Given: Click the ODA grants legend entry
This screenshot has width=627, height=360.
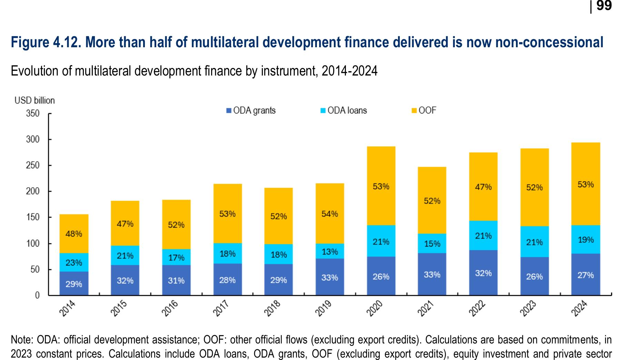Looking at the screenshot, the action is (251, 111).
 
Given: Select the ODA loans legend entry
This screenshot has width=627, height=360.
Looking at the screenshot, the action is (344, 111).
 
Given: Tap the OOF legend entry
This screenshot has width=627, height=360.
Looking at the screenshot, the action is (424, 111).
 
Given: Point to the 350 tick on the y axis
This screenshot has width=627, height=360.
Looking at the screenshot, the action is (33, 113).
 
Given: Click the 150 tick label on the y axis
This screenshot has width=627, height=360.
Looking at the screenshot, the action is (33, 217).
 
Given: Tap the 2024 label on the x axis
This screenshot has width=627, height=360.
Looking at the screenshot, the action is (579, 308).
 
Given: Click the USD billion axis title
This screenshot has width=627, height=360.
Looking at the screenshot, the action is (34, 100).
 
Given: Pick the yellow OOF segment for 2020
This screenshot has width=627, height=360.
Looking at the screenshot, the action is (381, 186).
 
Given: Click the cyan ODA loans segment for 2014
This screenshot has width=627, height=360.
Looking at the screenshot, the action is (74, 262).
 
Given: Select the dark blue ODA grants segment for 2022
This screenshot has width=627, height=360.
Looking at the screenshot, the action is (483, 272).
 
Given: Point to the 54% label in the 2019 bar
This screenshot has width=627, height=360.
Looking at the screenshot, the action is (330, 214).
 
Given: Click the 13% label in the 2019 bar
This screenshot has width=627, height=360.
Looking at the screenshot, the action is (330, 252).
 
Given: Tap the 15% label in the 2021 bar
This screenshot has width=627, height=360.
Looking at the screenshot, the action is (432, 244).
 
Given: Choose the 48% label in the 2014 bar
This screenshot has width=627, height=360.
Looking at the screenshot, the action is (74, 234).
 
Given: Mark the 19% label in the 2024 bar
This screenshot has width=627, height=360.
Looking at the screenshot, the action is (586, 240).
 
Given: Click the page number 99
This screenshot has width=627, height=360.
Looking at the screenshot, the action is (604, 6).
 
